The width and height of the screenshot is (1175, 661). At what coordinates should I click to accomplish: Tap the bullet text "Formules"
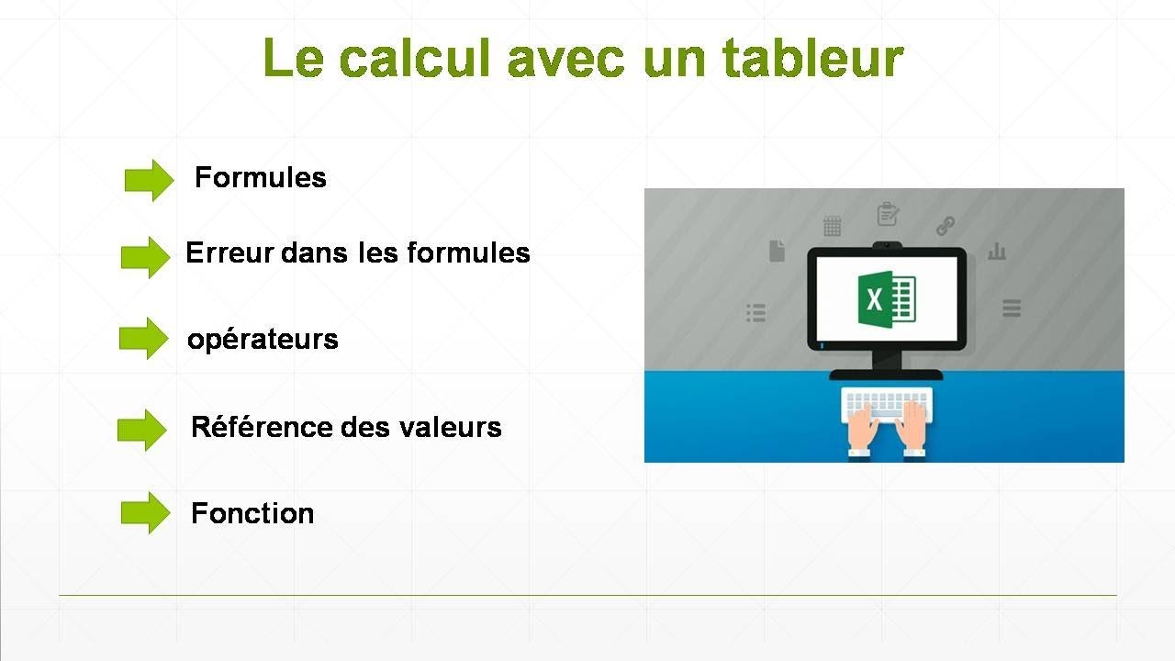[x=261, y=177]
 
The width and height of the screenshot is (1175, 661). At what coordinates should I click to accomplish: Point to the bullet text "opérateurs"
[x=263, y=340]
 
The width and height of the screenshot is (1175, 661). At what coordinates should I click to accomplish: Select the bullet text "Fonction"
[x=252, y=513]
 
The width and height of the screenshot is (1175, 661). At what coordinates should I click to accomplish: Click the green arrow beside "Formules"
[x=149, y=180]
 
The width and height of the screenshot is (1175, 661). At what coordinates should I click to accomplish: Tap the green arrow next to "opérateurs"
[x=144, y=339]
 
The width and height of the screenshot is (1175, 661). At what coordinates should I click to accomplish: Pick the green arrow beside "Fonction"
[x=145, y=512]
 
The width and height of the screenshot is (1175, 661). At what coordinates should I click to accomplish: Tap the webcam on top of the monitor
[x=887, y=244]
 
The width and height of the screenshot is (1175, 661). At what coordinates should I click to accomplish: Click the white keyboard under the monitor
[x=887, y=403]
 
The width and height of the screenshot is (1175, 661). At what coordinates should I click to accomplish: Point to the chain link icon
[x=946, y=225]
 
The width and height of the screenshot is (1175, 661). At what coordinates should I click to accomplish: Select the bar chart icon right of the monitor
[x=997, y=251]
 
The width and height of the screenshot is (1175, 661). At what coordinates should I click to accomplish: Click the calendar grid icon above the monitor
[x=832, y=226]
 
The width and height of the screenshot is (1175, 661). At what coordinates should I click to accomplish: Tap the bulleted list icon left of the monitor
[x=755, y=313]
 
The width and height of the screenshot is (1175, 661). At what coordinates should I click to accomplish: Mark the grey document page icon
[x=777, y=250]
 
